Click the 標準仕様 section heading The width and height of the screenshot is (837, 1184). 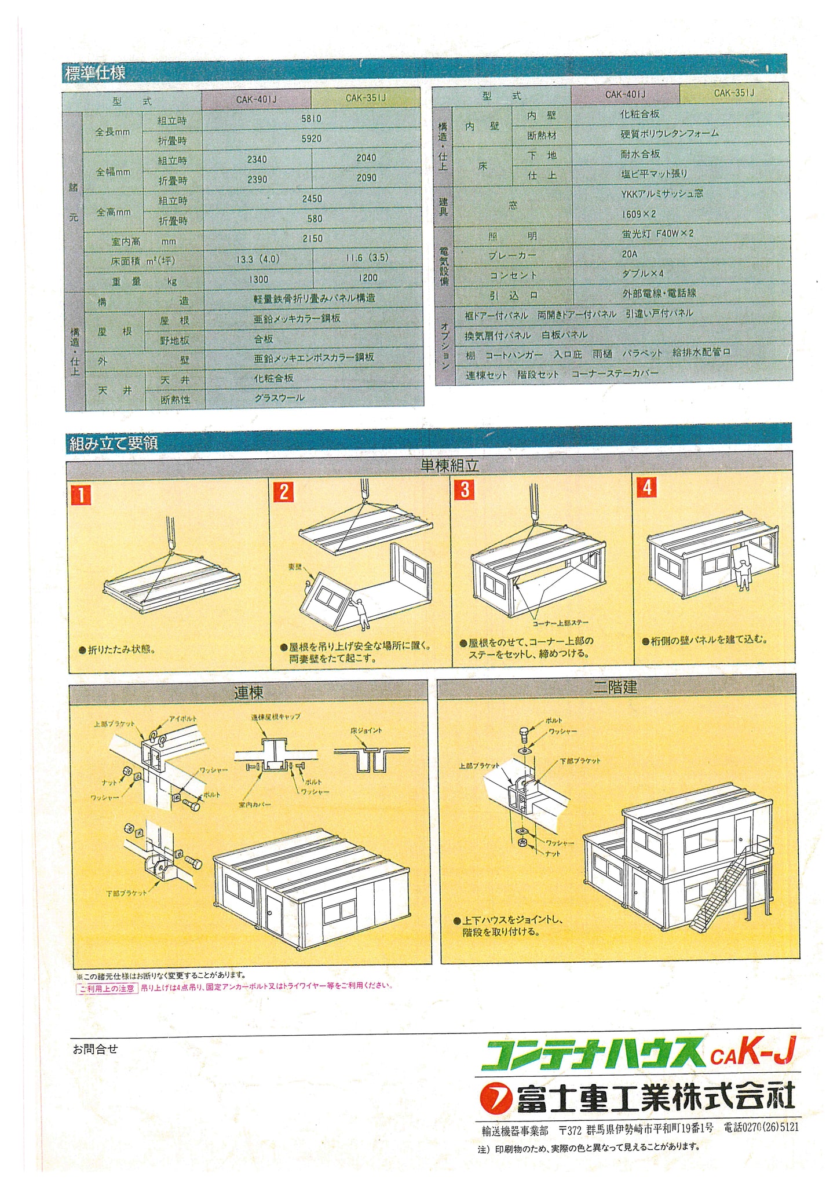pos(95,74)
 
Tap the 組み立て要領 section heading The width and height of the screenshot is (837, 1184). pos(114,444)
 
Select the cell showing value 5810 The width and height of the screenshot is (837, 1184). pos(312,119)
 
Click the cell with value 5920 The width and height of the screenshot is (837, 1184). pos(312,139)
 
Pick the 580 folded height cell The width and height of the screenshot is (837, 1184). pos(312,219)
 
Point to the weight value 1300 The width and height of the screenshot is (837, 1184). pos(258,279)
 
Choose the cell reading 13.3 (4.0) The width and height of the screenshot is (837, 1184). pos(258,260)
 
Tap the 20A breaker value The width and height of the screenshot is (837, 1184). pos(630,254)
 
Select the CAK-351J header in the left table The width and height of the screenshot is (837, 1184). pos(365,98)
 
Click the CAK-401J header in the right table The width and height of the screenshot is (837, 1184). pos(626,94)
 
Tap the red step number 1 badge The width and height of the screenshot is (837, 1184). pos(81,495)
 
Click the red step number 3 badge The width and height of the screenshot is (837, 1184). pos(465,489)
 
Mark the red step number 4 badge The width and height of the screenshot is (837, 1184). pos(647,487)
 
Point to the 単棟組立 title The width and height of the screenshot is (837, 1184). pos(449,465)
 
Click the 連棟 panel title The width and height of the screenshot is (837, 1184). pos(248,692)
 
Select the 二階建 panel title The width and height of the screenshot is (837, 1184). pos(615,687)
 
